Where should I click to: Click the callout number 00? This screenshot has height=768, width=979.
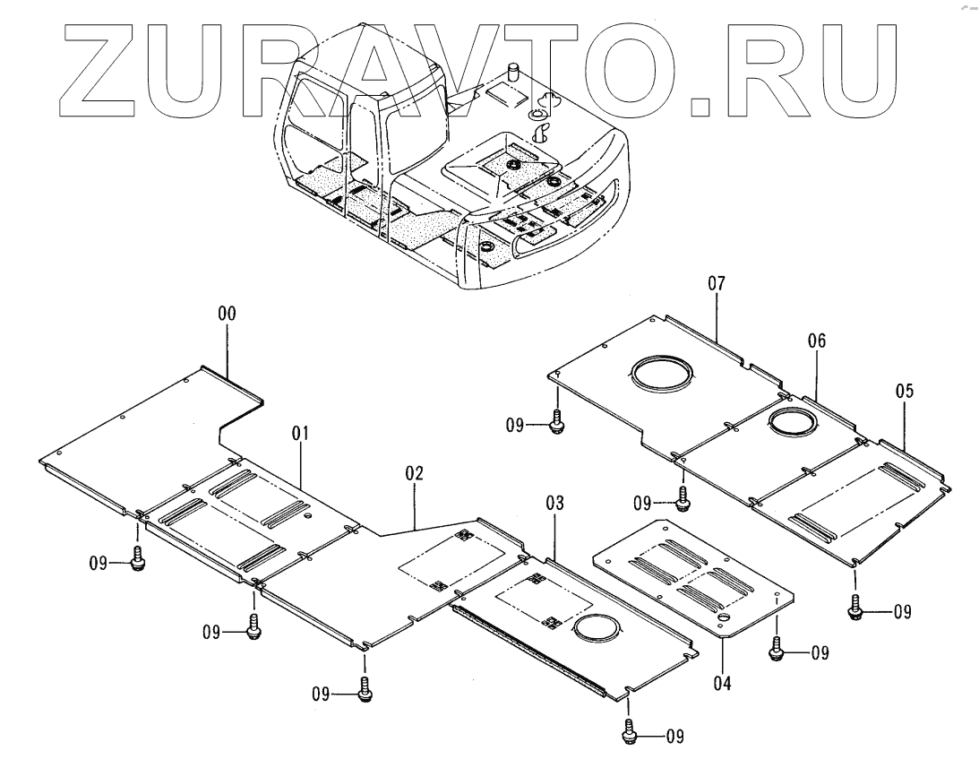pyautogui.click(x=228, y=314)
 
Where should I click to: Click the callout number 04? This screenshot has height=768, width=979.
pyautogui.click(x=722, y=684)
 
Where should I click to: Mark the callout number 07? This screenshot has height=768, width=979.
pyautogui.click(x=717, y=284)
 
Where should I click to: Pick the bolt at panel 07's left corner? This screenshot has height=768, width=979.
pyautogui.click(x=556, y=421)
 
